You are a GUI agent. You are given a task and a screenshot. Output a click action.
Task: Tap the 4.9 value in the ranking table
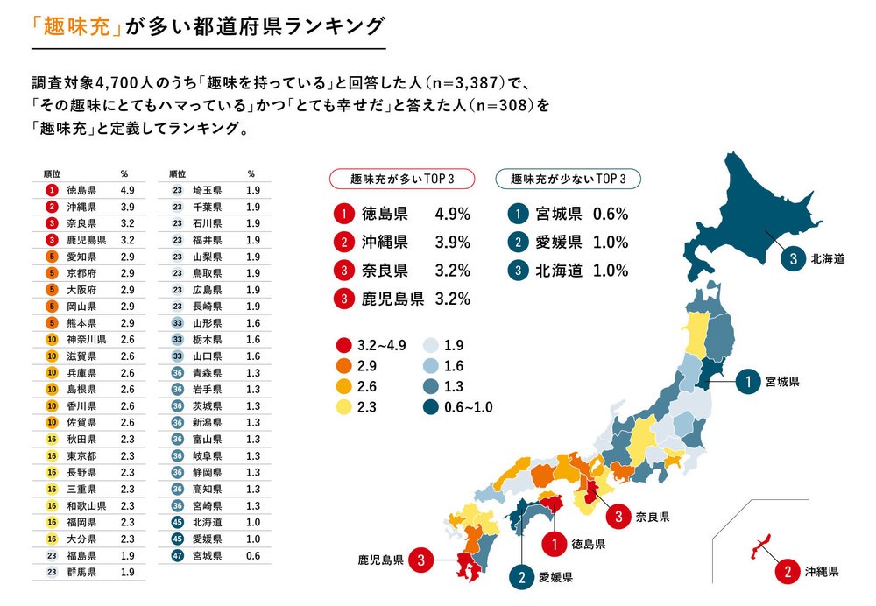[x=126, y=189]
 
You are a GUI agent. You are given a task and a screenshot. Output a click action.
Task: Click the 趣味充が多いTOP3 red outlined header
[x=401, y=178]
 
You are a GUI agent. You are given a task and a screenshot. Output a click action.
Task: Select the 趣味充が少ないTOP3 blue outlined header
[x=568, y=178]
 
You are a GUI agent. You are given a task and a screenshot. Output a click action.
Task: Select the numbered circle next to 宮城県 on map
[x=749, y=382]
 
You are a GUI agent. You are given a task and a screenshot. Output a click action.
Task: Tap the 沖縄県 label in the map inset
[x=821, y=573]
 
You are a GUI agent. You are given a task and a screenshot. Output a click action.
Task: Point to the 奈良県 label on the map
[x=652, y=518]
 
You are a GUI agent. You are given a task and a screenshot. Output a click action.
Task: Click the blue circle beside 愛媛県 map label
[x=522, y=577]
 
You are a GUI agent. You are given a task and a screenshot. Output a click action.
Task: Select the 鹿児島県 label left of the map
[x=380, y=559]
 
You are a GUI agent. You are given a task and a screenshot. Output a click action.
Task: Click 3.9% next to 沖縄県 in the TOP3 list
[x=453, y=242]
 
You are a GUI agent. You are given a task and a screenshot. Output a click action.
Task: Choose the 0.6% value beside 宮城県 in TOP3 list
[x=610, y=214]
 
